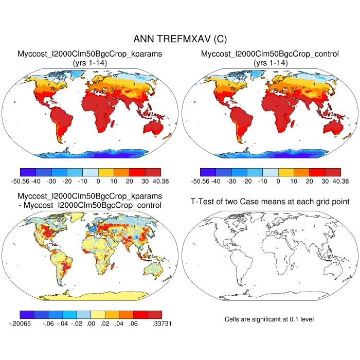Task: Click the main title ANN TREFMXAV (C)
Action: pos(179,39)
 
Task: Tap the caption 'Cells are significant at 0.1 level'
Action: pos(269,319)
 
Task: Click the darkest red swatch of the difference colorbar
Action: pos(154,314)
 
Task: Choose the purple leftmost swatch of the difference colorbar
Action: pos(27,314)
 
